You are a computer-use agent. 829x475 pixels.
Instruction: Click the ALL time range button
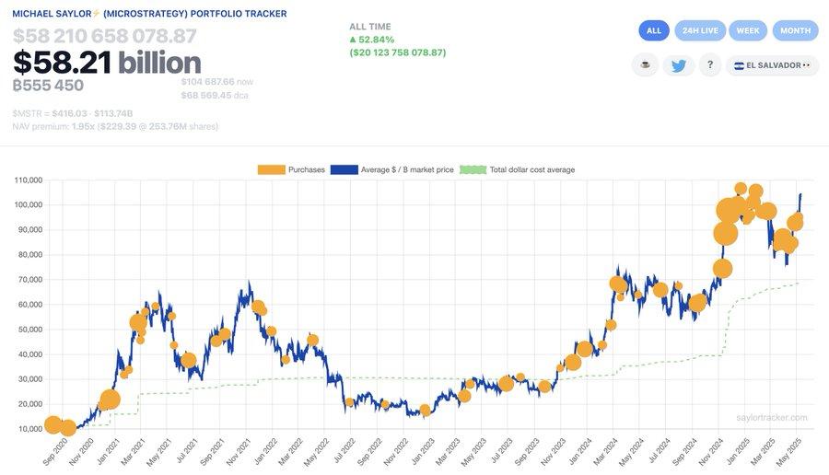(654, 30)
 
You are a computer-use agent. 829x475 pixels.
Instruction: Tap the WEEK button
(748, 30)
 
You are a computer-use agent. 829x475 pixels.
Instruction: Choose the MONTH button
(795, 30)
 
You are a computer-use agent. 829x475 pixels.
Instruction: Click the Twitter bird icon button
(678, 65)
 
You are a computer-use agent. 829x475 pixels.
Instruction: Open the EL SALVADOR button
(772, 65)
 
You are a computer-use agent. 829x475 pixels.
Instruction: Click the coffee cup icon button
(645, 65)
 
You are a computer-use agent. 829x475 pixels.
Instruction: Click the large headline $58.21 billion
(107, 63)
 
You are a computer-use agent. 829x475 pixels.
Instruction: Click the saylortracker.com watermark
(772, 418)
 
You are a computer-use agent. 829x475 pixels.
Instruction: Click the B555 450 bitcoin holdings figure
(48, 86)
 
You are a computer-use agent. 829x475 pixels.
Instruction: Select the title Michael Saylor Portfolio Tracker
(149, 14)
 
